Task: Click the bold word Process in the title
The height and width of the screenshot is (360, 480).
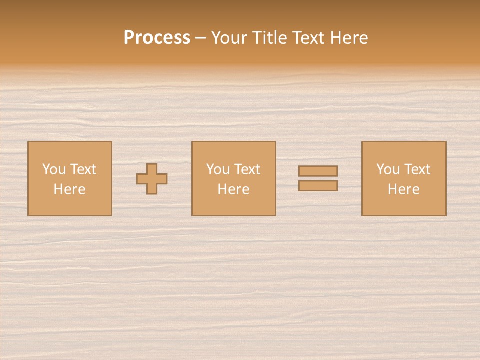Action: [x=157, y=38]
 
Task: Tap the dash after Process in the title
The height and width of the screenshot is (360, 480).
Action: [x=201, y=38]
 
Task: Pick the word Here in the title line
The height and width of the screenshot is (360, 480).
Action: [x=349, y=38]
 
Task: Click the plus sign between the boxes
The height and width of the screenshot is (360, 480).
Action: [x=152, y=179]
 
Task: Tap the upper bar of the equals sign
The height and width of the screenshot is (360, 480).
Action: [x=318, y=171]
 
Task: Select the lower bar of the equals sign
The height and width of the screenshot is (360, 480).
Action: [x=318, y=186]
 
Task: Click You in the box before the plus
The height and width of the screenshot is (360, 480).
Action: [x=54, y=169]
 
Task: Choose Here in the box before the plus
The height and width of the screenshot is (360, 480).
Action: [x=69, y=189]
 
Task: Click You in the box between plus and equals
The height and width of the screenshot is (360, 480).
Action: [x=218, y=169]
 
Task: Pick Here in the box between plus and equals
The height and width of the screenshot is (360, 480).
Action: [x=233, y=189]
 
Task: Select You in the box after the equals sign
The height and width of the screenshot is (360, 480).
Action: [x=388, y=169]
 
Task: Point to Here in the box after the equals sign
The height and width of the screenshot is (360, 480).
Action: [x=403, y=189]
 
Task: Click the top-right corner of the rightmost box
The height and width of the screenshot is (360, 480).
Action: [x=446, y=142]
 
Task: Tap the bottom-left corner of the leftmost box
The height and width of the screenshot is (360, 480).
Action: [x=28, y=215]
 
